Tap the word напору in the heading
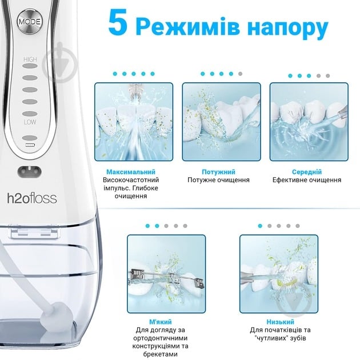[290, 27]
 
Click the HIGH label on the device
[29, 59]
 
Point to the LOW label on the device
[29, 122]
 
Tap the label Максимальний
[131, 171]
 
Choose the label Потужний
[218, 171]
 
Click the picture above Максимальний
[131, 122]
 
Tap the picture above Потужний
[218, 122]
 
